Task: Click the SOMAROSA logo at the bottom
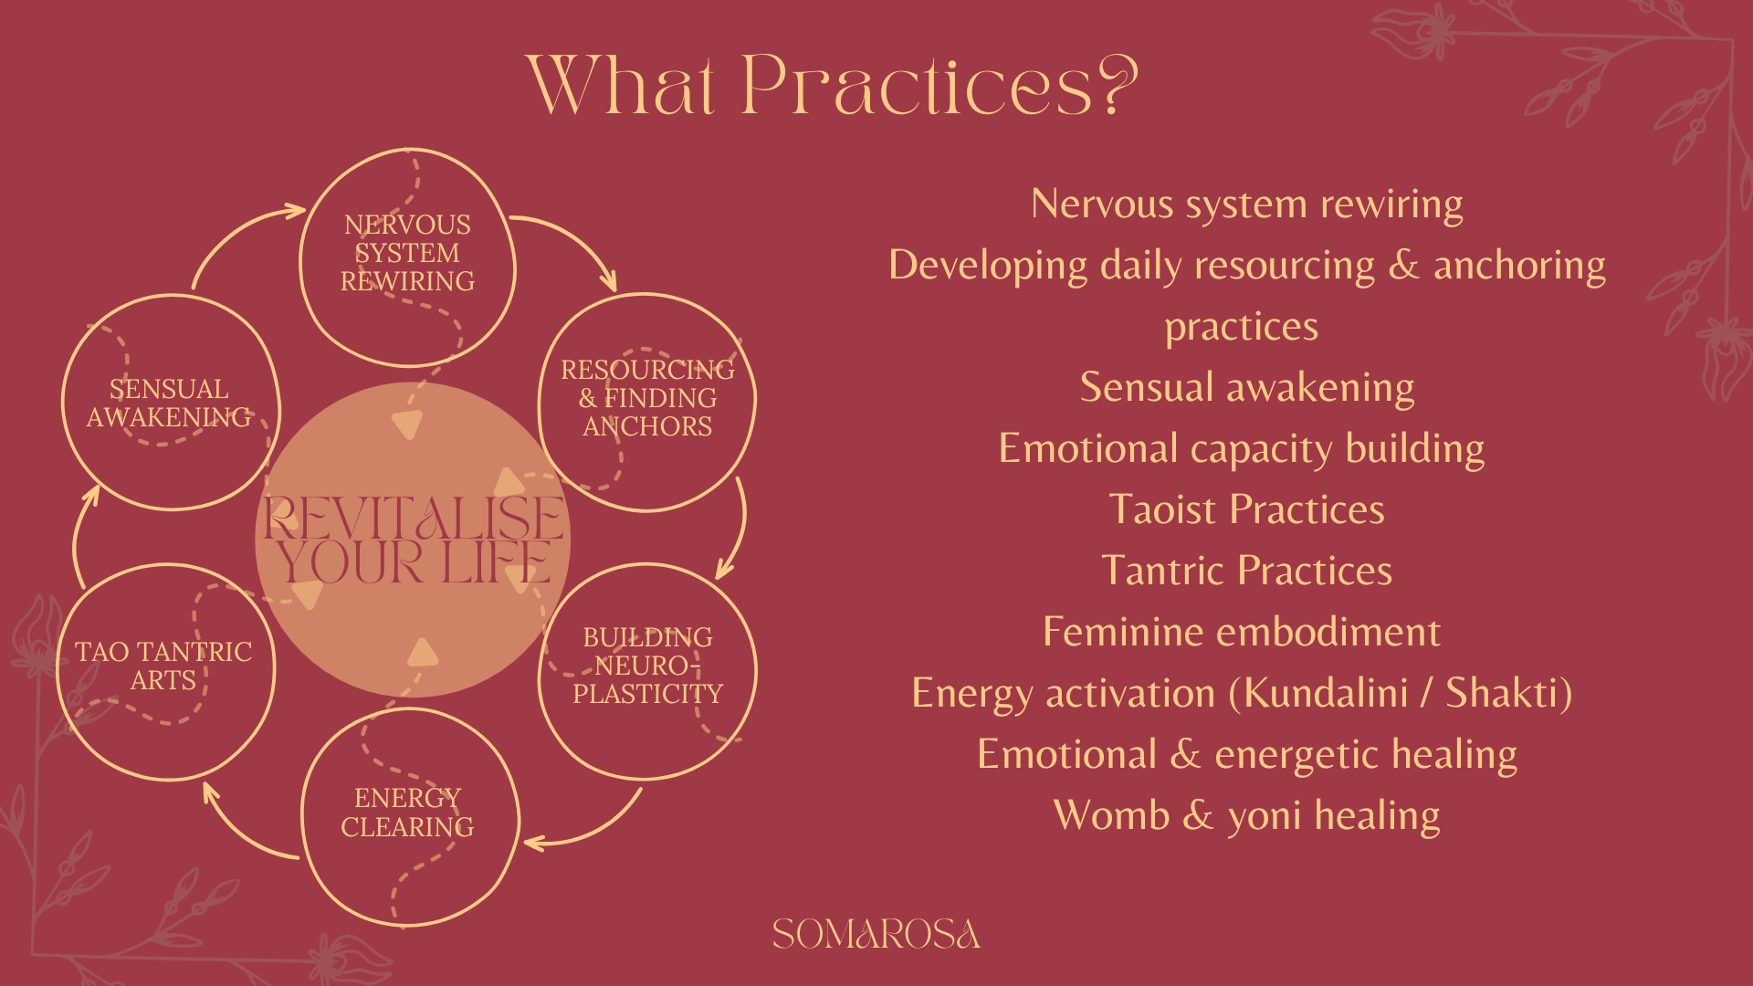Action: point(876,934)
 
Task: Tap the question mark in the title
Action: point(1117,84)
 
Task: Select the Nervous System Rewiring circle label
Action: point(407,253)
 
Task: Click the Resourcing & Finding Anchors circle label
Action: point(647,398)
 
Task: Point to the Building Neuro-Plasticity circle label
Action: point(647,666)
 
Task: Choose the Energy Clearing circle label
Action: point(407,813)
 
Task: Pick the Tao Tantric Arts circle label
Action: point(163,666)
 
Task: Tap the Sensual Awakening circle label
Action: point(169,403)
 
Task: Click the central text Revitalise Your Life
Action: point(413,540)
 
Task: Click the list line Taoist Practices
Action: point(1247,509)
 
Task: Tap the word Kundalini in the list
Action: point(1326,693)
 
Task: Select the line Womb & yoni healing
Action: point(1247,816)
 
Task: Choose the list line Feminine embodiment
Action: point(1242,632)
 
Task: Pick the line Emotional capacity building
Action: point(1242,449)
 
